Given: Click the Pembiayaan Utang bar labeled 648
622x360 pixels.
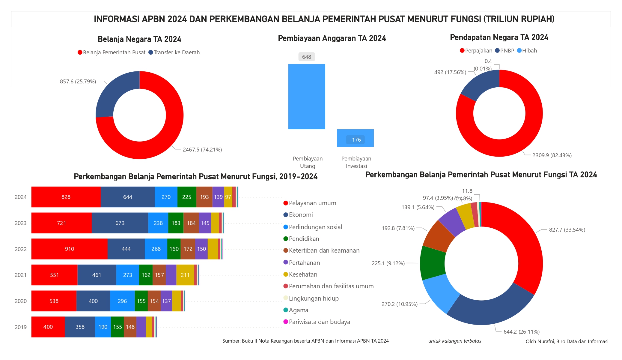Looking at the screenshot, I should [x=306, y=97].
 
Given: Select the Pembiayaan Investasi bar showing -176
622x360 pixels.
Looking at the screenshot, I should [x=355, y=138].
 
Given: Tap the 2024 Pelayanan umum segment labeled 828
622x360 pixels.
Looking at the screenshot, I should [x=66, y=197].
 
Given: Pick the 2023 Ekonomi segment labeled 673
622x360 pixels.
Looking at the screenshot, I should [x=120, y=223].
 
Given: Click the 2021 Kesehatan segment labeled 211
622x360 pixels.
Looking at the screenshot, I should [x=185, y=275].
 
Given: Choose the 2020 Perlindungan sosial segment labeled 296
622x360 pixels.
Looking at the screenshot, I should [x=122, y=301].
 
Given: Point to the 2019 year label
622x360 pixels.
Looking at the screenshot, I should [x=21, y=327].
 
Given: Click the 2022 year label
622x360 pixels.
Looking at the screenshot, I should [x=21, y=249].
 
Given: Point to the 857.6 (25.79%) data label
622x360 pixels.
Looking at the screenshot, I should [x=78, y=82].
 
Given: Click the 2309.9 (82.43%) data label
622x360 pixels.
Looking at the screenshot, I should [x=552, y=155].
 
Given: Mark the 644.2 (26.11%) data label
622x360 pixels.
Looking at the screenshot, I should [x=522, y=332].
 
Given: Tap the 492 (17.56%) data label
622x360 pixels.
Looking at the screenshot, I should [x=450, y=72].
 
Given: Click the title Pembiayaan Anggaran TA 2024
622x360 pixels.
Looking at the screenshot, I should [x=332, y=38].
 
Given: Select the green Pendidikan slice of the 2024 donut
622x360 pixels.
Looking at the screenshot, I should [x=432, y=263].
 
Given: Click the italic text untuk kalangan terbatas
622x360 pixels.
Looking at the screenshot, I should [x=455, y=341].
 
